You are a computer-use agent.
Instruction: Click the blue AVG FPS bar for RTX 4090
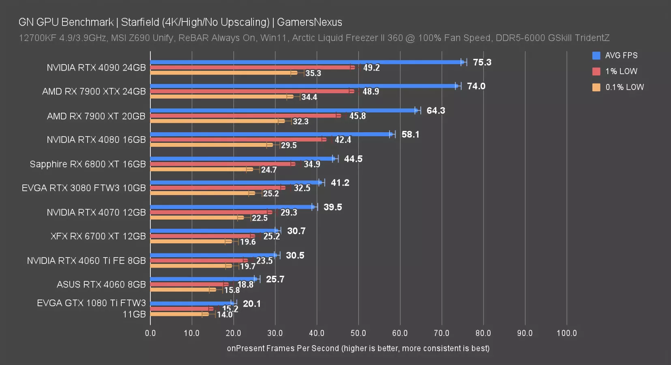(306, 62)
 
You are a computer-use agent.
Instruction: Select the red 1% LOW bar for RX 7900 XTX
(251, 91)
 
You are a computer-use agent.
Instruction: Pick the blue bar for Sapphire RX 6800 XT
(242, 159)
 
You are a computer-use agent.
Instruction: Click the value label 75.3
(482, 62)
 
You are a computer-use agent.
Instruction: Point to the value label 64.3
(436, 111)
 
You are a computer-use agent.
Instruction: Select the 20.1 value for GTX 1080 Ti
(252, 304)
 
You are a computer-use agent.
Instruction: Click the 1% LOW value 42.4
(343, 140)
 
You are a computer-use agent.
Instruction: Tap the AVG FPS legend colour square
(596, 56)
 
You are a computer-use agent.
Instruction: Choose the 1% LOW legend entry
(621, 71)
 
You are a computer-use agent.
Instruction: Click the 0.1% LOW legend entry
(624, 87)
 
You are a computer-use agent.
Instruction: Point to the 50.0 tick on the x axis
(358, 333)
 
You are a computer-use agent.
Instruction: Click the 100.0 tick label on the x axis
(566, 333)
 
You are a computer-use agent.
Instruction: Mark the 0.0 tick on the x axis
(150, 333)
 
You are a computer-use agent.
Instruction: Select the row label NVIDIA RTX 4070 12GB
(96, 213)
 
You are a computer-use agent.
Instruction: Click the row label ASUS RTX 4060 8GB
(101, 285)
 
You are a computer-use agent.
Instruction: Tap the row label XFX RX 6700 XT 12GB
(98, 236)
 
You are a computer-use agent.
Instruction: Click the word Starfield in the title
(140, 22)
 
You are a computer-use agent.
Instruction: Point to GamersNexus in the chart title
(309, 22)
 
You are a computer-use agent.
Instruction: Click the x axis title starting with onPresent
(358, 348)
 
